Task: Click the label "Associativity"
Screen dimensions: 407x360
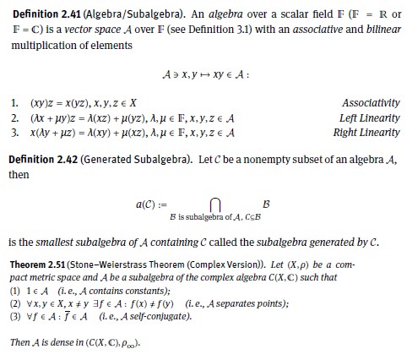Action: coord(372,103)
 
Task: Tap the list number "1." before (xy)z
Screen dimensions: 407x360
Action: coord(12,103)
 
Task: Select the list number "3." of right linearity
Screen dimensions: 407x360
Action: coord(12,132)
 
